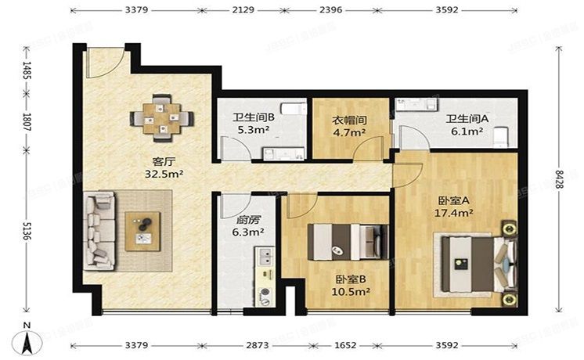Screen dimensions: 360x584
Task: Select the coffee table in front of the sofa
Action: pos(143,231)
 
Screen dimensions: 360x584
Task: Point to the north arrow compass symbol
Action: pos(28,338)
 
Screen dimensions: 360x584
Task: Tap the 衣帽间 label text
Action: pos(349,121)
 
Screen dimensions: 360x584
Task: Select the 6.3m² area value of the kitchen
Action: pos(247,232)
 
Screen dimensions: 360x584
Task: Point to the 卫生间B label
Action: pos(252,119)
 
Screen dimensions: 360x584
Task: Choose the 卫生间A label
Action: pos(467,119)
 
